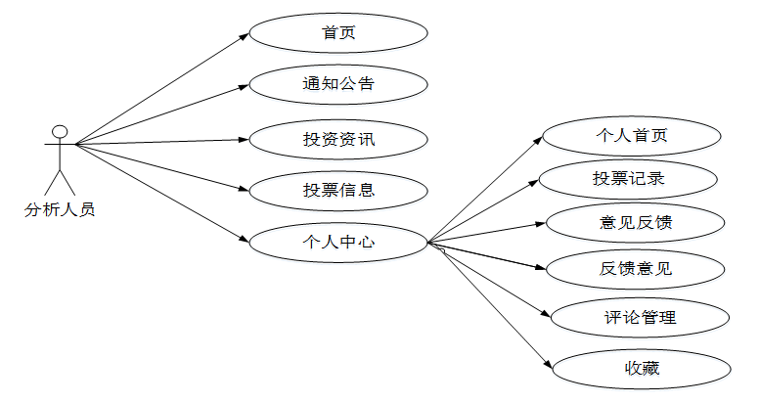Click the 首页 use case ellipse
click(338, 32)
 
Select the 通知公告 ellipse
click(338, 84)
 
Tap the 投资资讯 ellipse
click(338, 139)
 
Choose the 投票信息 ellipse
click(338, 190)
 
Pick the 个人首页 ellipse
click(632, 135)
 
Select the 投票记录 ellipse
click(632, 179)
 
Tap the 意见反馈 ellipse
click(636, 222)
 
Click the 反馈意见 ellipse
click(636, 266)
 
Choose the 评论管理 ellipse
click(640, 317)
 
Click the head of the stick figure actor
click(60, 131)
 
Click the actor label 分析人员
click(60, 208)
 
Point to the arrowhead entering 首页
click(246, 35)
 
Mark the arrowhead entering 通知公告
click(245, 87)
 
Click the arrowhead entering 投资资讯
click(245, 139)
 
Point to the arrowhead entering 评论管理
click(549, 315)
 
